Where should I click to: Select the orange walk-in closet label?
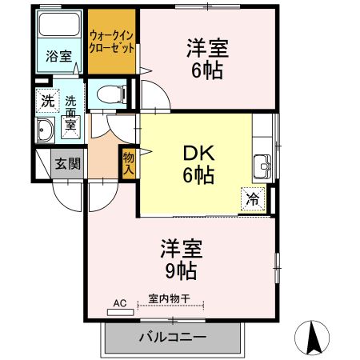point(111,41)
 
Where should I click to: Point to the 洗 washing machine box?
point(46,102)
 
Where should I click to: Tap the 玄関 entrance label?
point(66,164)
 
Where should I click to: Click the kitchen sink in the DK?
point(262,169)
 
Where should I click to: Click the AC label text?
point(120,302)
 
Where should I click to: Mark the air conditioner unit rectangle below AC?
point(120,311)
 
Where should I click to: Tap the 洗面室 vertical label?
point(70,113)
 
